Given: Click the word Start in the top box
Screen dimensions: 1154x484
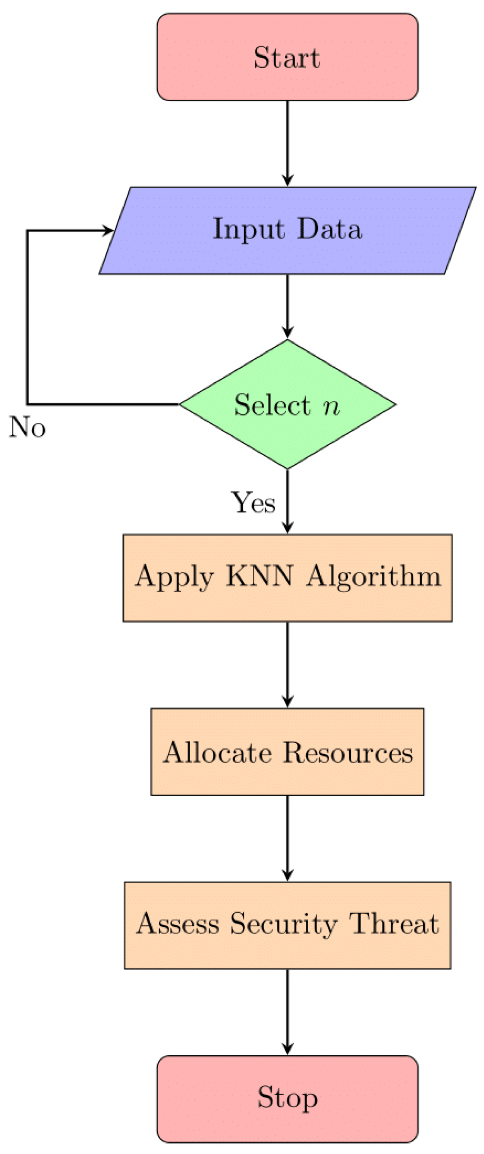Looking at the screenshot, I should [287, 57].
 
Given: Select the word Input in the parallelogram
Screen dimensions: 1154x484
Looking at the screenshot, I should [248, 230].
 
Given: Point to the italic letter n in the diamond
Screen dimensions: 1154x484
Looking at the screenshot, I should [332, 406].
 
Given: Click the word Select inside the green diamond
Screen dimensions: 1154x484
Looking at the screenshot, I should [272, 405].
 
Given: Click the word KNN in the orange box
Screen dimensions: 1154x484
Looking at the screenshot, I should [260, 576].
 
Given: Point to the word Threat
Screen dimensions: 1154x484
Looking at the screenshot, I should [394, 924].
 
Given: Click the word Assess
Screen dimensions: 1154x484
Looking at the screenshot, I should [178, 924].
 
